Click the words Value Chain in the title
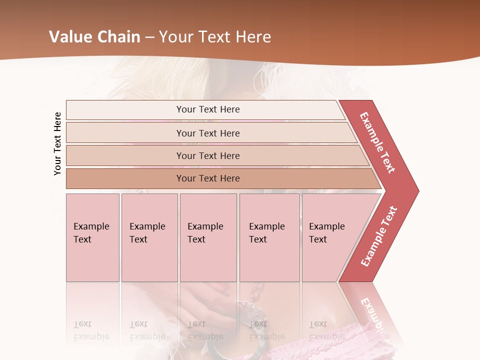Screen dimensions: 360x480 tap(95, 37)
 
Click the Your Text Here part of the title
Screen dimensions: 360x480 tap(215, 37)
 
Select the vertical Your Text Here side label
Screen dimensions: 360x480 tap(57, 143)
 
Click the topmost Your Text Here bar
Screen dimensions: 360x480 tap(207, 109)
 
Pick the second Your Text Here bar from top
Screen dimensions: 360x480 tap(207, 133)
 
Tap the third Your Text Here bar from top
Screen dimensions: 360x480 tap(207, 155)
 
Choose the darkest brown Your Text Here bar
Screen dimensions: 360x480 tap(207, 178)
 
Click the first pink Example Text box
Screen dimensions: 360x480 tap(92, 237)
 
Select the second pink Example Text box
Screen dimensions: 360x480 tap(149, 237)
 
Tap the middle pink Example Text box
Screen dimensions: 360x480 tap(208, 237)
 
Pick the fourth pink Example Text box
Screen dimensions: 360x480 tap(269, 237)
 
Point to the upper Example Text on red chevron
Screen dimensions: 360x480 tap(377, 142)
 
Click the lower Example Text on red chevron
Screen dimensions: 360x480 tap(379, 236)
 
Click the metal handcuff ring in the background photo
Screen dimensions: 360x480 tap(225, 345)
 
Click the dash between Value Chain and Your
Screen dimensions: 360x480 tap(149, 37)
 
